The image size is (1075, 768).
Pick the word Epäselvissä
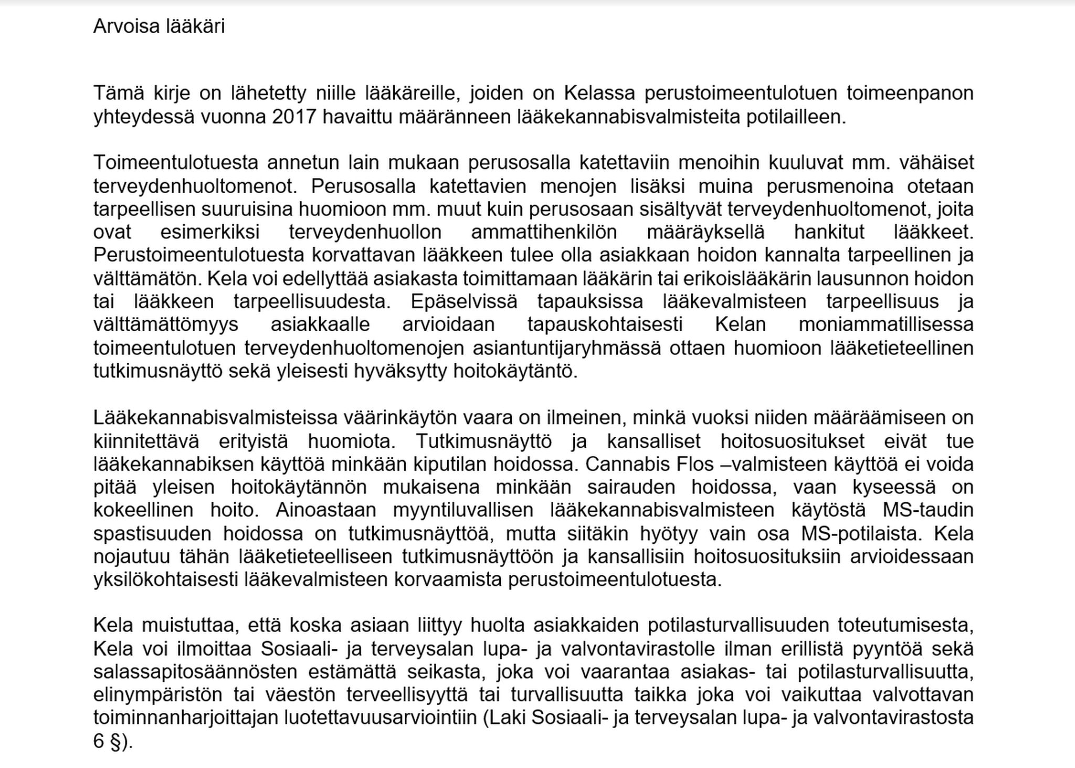tap(463, 301)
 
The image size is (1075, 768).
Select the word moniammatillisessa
tap(886, 324)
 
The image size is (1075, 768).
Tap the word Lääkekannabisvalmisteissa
tap(215, 418)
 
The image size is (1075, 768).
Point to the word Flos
tap(683, 464)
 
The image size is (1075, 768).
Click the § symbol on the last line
tap(116, 741)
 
